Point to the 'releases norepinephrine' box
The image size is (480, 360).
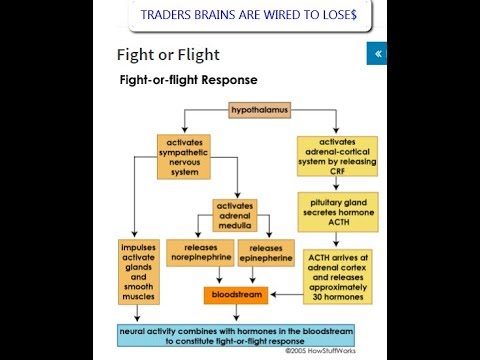point(200,254)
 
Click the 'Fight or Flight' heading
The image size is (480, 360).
point(168,54)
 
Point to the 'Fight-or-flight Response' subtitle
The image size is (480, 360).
point(188,78)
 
